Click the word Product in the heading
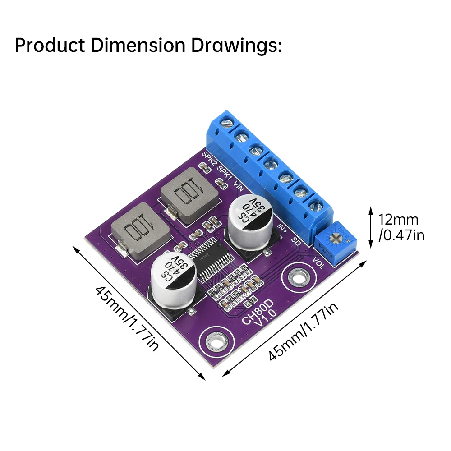pos(50,46)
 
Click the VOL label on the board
pos(318,262)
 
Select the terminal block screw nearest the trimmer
pos(314,206)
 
